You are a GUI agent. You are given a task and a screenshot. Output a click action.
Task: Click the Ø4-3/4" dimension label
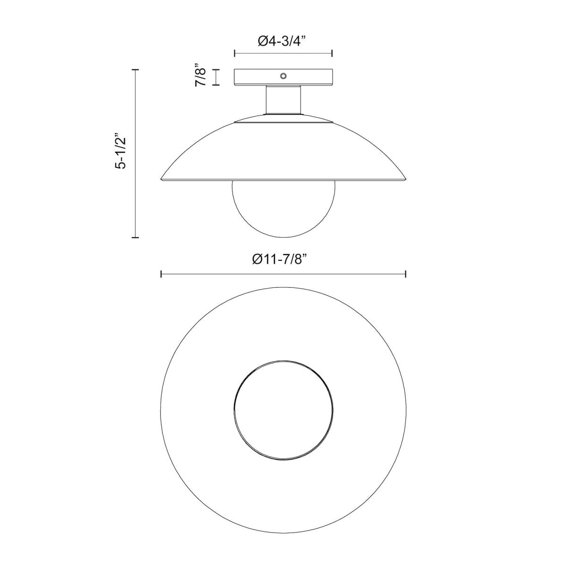coord(283,41)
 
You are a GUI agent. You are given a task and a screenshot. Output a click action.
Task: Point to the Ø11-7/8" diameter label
coord(283,259)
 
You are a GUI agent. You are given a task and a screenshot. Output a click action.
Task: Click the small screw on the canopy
coord(283,76)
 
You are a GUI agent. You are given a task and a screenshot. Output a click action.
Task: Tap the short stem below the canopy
coord(283,100)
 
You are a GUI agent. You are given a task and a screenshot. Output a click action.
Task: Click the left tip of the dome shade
coord(162,179)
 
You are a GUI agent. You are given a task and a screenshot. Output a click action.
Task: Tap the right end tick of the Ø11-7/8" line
coord(406,274)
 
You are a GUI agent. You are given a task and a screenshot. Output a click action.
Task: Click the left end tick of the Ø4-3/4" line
coord(235,53)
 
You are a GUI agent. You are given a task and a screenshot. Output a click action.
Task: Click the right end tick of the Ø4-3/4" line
coord(332,53)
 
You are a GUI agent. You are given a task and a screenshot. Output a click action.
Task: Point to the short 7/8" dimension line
coord(216,77)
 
